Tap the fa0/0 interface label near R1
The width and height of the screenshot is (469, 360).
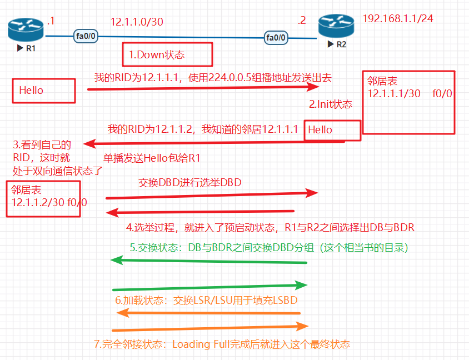click(87, 37)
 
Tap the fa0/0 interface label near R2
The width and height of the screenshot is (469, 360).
click(276, 38)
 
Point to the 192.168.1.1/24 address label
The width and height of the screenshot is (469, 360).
click(397, 18)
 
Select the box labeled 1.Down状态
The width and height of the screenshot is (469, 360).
click(168, 54)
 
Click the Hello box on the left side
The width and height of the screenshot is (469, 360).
click(44, 90)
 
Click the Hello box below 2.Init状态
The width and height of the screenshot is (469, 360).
click(332, 129)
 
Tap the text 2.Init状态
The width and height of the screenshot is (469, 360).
click(331, 104)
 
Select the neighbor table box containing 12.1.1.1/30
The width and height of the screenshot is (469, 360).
click(408, 102)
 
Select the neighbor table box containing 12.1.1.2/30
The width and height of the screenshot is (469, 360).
click(43, 198)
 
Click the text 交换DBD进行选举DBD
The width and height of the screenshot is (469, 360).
click(190, 182)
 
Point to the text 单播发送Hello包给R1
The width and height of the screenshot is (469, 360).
click(152, 158)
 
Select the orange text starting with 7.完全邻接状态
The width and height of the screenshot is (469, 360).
click(222, 344)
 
